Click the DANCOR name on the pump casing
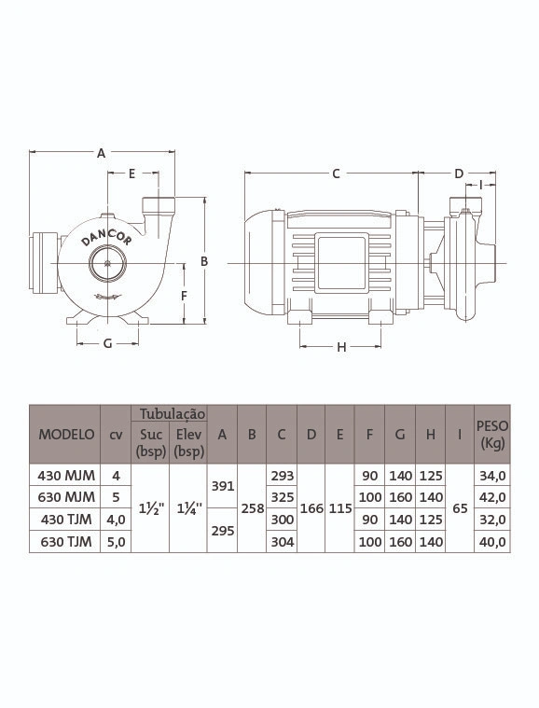tap(106, 235)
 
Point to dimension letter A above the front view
tap(101, 154)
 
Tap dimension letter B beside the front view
tap(204, 261)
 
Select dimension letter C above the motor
tap(336, 174)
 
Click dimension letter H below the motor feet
tap(341, 347)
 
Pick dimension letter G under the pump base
tap(107, 343)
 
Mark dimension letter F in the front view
tap(184, 297)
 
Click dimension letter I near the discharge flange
tap(481, 185)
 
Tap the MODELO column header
tap(66, 435)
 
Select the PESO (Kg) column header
tap(492, 435)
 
